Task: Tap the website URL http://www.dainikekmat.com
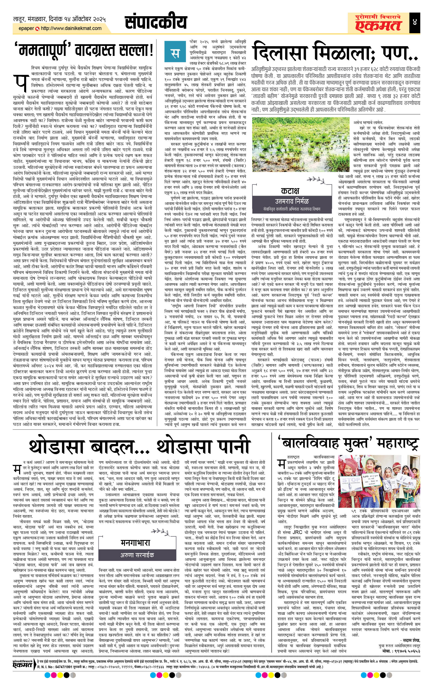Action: tap(71, 28)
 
